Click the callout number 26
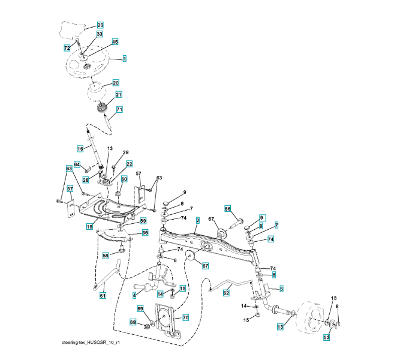pyautogui.click(x=100, y=25)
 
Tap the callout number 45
pyautogui.click(x=115, y=42)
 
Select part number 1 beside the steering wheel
pyautogui.click(x=124, y=59)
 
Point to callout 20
pyautogui.click(x=116, y=83)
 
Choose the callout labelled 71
pyautogui.click(x=119, y=110)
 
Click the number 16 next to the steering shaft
pyautogui.click(x=80, y=148)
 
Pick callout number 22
pyautogui.click(x=129, y=164)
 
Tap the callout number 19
pyautogui.click(x=89, y=226)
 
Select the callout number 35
pyautogui.click(x=145, y=233)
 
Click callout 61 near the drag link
pyautogui.click(x=103, y=295)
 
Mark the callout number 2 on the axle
pyautogui.click(x=197, y=221)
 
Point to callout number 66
pyautogui.click(x=228, y=209)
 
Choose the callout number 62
pyautogui.click(x=226, y=293)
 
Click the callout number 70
pyautogui.click(x=185, y=317)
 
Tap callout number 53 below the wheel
pyautogui.click(x=327, y=338)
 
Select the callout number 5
pyautogui.click(x=281, y=289)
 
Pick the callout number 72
pyautogui.click(x=67, y=47)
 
